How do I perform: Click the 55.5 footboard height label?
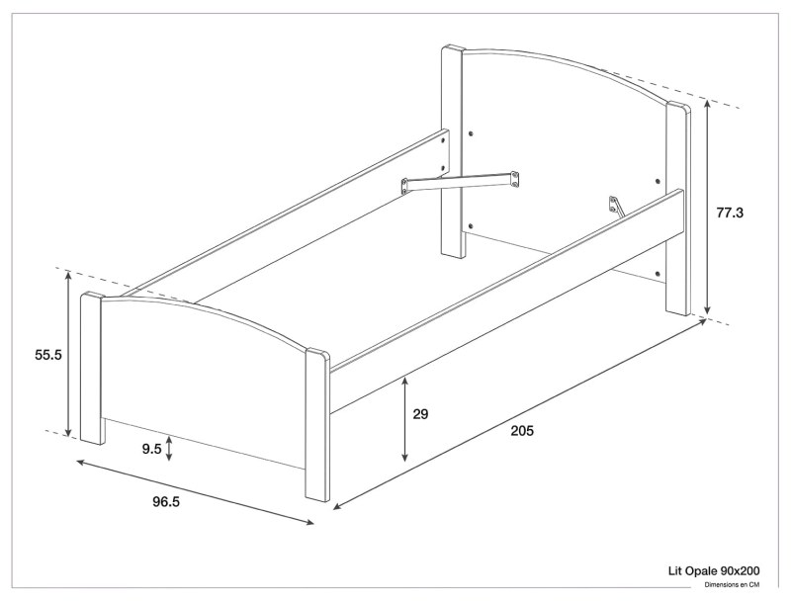48,355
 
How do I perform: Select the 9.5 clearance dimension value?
151,449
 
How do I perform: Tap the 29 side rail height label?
420,415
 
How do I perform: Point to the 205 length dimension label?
524,430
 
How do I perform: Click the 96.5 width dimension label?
166,501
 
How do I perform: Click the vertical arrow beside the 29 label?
405,420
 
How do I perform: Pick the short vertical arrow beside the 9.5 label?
170,449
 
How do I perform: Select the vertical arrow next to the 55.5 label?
68,354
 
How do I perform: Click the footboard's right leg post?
316,425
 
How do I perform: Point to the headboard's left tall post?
454,148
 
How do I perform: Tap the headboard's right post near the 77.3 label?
677,208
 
